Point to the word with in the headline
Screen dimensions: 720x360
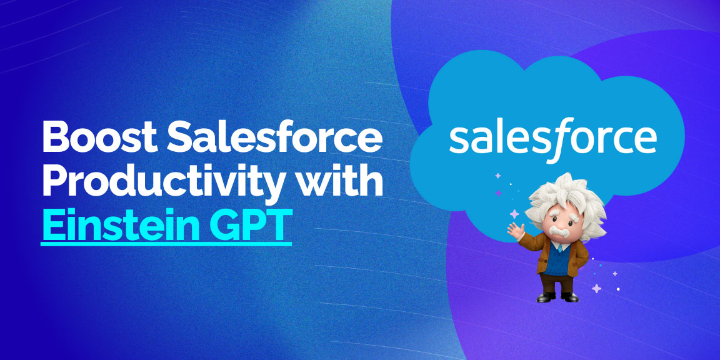click(340, 181)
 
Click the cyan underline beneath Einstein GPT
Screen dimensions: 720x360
click(166, 244)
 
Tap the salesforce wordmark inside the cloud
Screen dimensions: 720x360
click(552, 139)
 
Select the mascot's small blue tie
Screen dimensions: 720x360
click(560, 247)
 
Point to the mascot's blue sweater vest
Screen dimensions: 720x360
click(557, 260)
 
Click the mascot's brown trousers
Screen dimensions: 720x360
click(556, 283)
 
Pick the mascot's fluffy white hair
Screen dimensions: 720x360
click(566, 197)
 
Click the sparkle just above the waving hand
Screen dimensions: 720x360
click(514, 214)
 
